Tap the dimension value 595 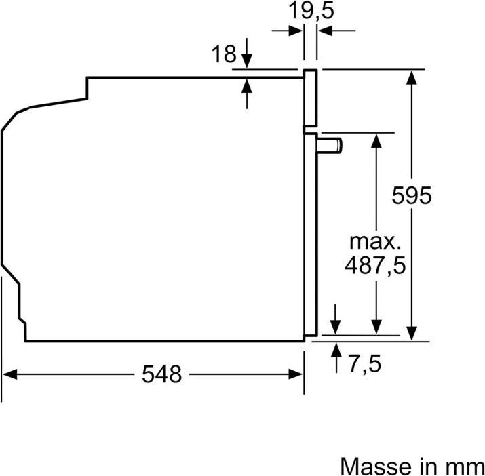click(x=412, y=196)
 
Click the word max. click(x=375, y=241)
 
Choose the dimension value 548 click(x=162, y=374)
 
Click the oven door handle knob click(x=332, y=144)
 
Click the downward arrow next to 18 click(x=247, y=60)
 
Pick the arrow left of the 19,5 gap click(x=295, y=31)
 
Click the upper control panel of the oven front click(x=310, y=98)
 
